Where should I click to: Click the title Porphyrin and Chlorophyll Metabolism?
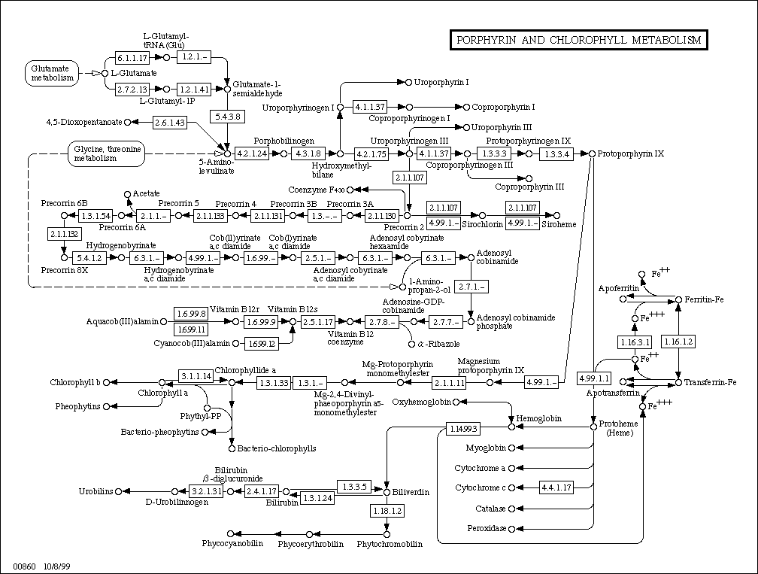tap(578, 40)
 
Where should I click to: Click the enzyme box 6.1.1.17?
tap(132, 58)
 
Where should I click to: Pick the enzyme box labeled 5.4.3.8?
tap(226, 117)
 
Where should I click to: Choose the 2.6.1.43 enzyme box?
tap(169, 123)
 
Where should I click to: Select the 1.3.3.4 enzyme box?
tap(558, 153)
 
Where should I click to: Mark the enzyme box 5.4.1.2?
tap(89, 258)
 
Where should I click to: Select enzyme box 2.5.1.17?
tap(317, 322)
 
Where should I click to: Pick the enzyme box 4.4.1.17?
tap(557, 487)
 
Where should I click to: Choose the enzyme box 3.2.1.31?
tap(207, 491)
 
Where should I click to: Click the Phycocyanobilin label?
tap(230, 543)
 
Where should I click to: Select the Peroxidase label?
tap(487, 529)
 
